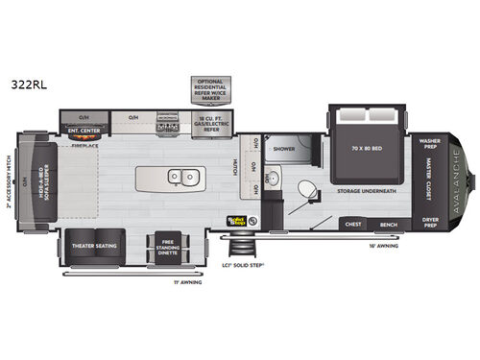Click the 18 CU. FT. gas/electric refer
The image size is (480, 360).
(x=212, y=125)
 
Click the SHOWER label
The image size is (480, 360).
(x=283, y=150)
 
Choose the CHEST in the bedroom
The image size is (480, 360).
(x=352, y=225)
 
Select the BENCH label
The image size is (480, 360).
(x=389, y=225)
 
